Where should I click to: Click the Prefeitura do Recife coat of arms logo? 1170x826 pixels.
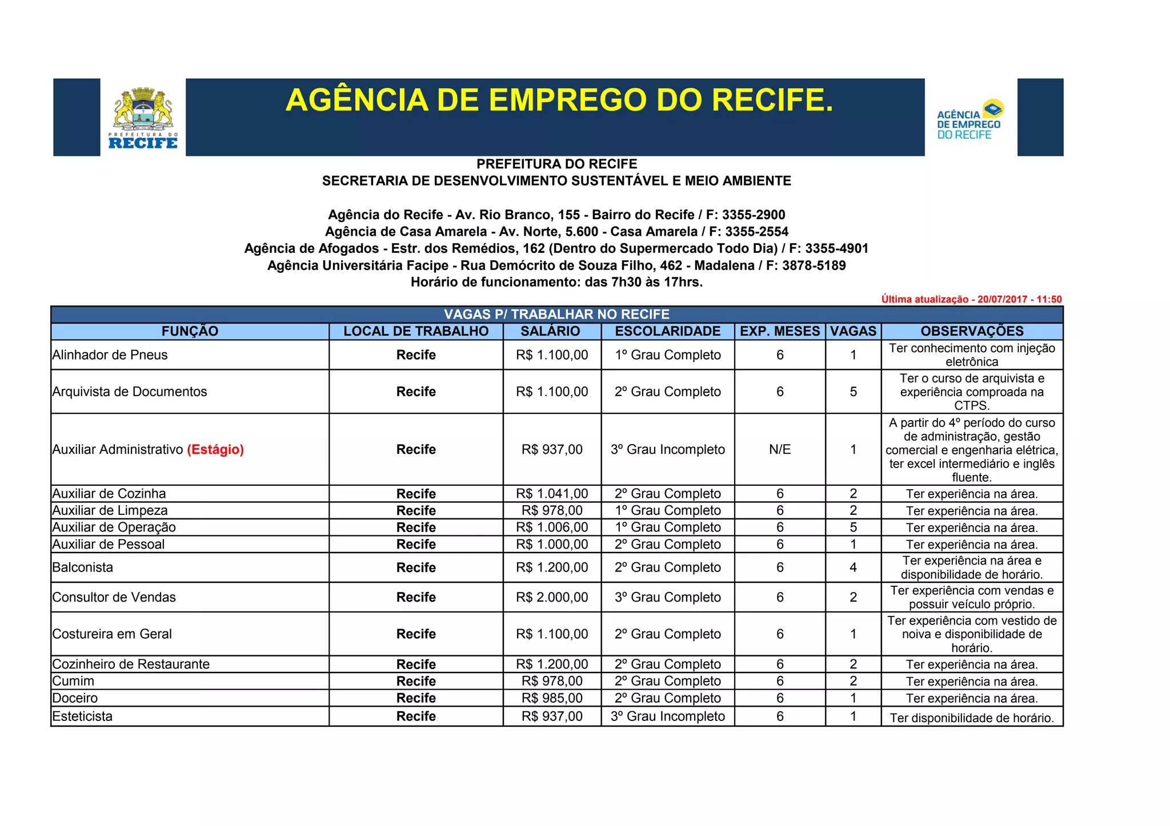143,117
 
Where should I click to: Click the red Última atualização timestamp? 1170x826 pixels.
971,299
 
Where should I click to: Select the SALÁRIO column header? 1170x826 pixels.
550,331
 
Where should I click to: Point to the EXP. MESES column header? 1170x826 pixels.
780,331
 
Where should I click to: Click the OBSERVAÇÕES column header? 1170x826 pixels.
972,331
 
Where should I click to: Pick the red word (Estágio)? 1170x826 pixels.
215,450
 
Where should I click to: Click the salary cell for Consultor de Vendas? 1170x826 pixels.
552,597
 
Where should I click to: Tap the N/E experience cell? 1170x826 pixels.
780,450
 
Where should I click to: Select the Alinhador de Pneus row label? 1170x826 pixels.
110,355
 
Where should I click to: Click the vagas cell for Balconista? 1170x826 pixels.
853,567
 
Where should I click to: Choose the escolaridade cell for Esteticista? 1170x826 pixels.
667,716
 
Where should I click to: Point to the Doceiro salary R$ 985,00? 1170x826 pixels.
552,698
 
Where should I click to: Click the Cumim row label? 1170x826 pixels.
74,681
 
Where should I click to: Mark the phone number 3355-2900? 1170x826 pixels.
754,215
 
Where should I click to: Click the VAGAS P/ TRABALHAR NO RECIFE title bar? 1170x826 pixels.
556,315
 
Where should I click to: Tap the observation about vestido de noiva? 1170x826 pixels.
972,634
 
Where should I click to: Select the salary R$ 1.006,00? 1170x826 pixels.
552,527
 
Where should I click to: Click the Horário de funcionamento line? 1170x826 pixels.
556,282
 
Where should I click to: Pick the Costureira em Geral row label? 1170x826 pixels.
112,634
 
